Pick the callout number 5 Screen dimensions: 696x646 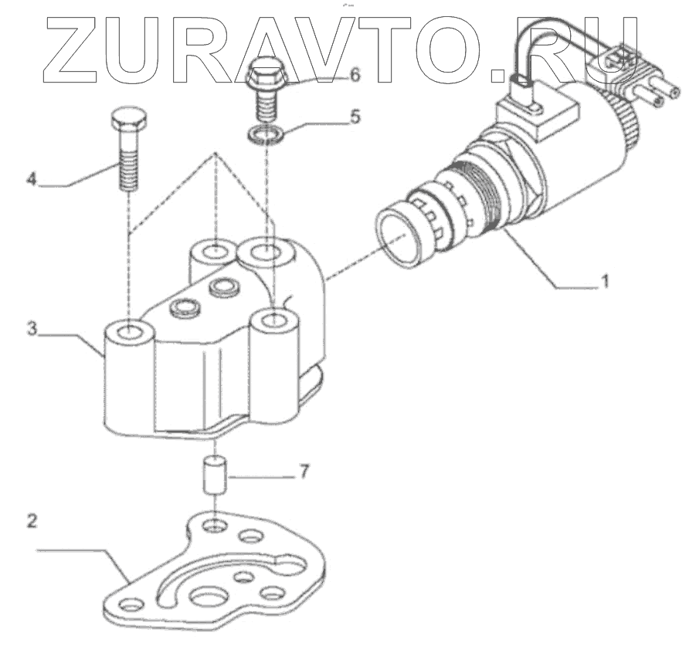point(355,117)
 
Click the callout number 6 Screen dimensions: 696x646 point(355,76)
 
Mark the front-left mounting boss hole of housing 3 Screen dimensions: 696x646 point(131,333)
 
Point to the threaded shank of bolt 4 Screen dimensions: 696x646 point(128,166)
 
